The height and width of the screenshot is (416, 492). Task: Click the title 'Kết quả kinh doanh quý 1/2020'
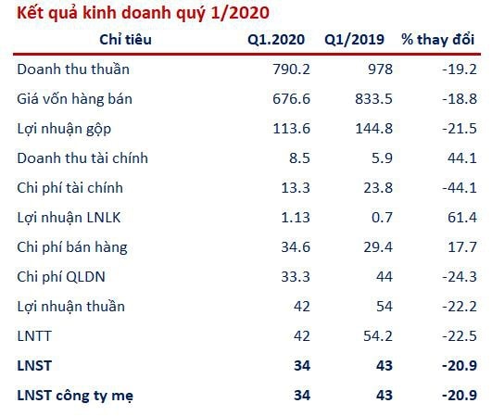(x=143, y=14)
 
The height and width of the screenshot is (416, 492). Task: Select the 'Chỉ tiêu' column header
(x=125, y=40)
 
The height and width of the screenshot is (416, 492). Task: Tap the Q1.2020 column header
(x=276, y=40)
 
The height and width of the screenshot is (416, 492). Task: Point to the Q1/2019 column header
(x=354, y=40)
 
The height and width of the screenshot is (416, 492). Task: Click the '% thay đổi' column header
(x=437, y=40)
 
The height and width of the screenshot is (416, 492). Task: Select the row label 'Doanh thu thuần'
(x=73, y=69)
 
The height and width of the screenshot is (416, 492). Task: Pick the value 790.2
(x=292, y=69)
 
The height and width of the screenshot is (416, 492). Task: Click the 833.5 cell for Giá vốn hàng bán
(x=373, y=99)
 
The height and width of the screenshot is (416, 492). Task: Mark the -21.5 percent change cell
(x=460, y=129)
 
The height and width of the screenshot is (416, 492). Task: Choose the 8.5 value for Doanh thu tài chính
(x=299, y=158)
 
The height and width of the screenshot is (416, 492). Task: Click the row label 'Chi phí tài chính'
(x=70, y=188)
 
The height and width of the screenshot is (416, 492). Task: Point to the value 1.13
(x=296, y=218)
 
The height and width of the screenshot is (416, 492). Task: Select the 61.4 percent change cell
(x=462, y=218)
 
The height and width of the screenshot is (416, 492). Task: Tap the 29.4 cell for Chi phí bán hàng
(x=378, y=247)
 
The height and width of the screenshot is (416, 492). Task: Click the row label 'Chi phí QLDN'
(x=61, y=277)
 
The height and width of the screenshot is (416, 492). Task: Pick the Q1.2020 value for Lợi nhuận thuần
(x=302, y=307)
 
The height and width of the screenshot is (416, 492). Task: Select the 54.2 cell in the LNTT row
(x=378, y=336)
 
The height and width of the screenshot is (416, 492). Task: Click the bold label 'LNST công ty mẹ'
(x=75, y=396)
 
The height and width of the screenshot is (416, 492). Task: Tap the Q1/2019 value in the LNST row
(x=385, y=366)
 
